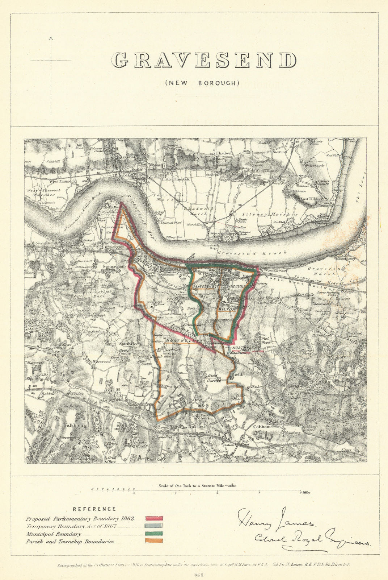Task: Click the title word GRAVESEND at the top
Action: (x=203, y=60)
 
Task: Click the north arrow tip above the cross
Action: (x=51, y=37)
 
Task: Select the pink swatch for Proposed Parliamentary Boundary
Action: (x=154, y=519)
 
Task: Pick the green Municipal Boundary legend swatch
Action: (x=154, y=534)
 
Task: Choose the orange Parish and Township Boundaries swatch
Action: (x=154, y=541)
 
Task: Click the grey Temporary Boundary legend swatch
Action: (x=154, y=526)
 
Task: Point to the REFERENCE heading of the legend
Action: (x=94, y=509)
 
